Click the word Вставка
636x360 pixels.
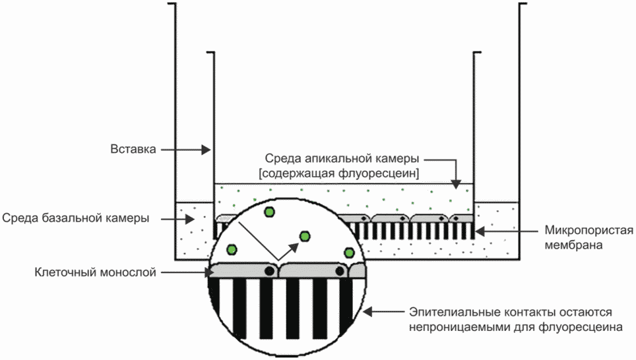point(133,149)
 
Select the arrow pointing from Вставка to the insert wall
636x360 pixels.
point(186,150)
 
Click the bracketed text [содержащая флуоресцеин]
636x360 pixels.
point(339,173)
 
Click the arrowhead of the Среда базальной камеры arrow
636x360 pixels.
point(190,220)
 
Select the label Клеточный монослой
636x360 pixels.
point(95,272)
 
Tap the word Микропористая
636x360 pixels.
point(588,231)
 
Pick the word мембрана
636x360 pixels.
point(573,245)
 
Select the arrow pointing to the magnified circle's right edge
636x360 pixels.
point(383,312)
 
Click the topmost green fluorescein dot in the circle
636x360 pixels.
point(269,212)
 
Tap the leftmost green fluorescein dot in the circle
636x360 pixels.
point(232,249)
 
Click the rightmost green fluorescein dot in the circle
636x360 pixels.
point(349,253)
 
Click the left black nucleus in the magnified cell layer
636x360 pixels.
point(269,271)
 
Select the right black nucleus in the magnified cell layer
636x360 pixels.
point(340,271)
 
